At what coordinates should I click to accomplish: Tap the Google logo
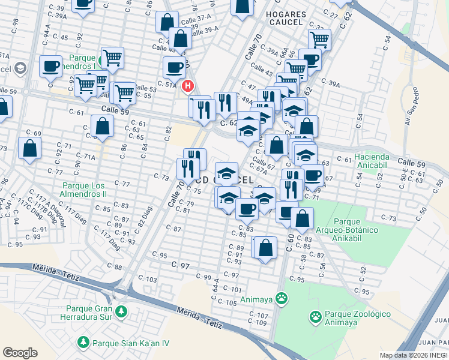pyautogui.click(x=20, y=353)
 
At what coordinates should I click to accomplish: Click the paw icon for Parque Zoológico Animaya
pyautogui.click(x=315, y=315)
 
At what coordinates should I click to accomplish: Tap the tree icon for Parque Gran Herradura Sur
pyautogui.click(x=122, y=311)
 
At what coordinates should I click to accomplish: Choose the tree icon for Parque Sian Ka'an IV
pyautogui.click(x=83, y=343)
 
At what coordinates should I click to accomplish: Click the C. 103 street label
pyautogui.click(x=147, y=280)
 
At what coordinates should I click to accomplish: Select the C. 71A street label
pyautogui.click(x=86, y=157)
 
